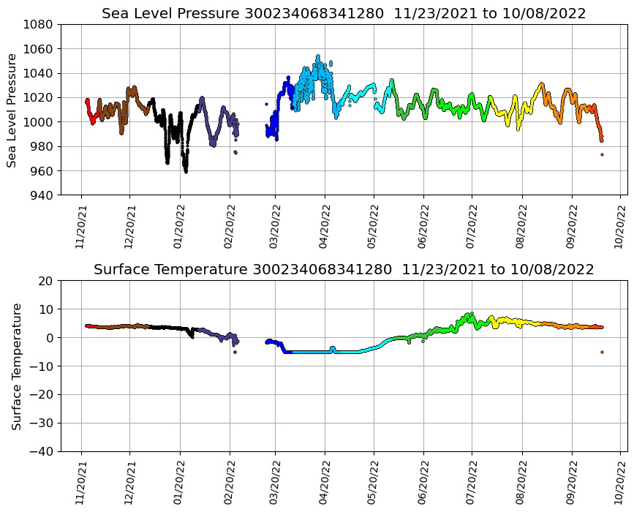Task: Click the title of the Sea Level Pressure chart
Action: [344, 14]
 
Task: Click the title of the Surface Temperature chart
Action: [344, 270]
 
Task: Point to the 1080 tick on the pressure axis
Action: [41, 24]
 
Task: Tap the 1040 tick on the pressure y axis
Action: [41, 73]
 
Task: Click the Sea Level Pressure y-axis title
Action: [12, 110]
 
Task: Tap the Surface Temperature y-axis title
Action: [15, 366]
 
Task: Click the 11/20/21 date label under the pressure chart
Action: [81, 225]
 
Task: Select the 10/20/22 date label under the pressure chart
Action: [620, 225]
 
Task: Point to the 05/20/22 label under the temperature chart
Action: [374, 481]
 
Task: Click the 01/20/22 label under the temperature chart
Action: [180, 481]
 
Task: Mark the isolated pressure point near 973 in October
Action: [602, 154]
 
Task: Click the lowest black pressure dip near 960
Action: [186, 171]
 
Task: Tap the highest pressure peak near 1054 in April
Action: [317, 56]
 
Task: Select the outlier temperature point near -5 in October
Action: [602, 352]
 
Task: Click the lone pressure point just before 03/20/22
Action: [266, 105]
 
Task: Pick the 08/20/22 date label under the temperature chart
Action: [522, 481]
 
